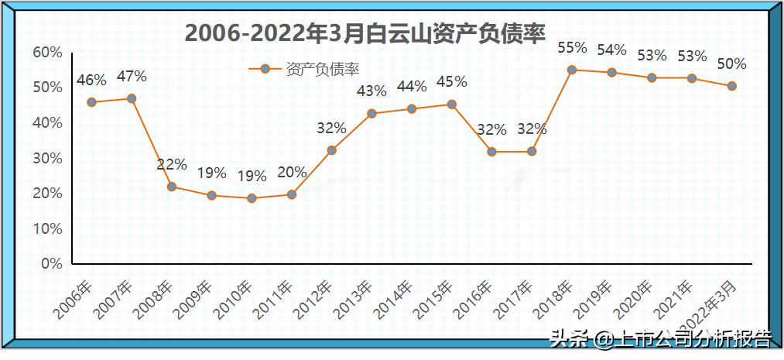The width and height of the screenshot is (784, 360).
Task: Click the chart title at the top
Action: click(365, 34)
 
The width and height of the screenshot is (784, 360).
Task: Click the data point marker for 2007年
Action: click(132, 98)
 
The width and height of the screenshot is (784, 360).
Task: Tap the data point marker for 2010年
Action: click(252, 198)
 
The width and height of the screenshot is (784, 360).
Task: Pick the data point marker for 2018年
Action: click(572, 70)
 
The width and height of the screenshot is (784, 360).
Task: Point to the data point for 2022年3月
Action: click(731, 86)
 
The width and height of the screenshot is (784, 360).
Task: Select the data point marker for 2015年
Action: click(452, 105)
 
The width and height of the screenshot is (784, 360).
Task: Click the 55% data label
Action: click(572, 47)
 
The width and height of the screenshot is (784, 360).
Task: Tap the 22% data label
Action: click(171, 164)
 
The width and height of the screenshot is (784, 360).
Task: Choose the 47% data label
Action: click(132, 77)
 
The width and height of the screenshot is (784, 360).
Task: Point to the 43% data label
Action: click(371, 91)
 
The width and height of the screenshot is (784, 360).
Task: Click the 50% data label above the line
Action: click(731, 64)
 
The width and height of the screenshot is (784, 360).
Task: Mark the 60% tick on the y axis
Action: click(47, 52)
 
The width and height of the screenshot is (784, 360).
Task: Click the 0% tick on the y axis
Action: click(51, 264)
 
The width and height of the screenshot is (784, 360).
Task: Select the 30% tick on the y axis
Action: click(47, 158)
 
